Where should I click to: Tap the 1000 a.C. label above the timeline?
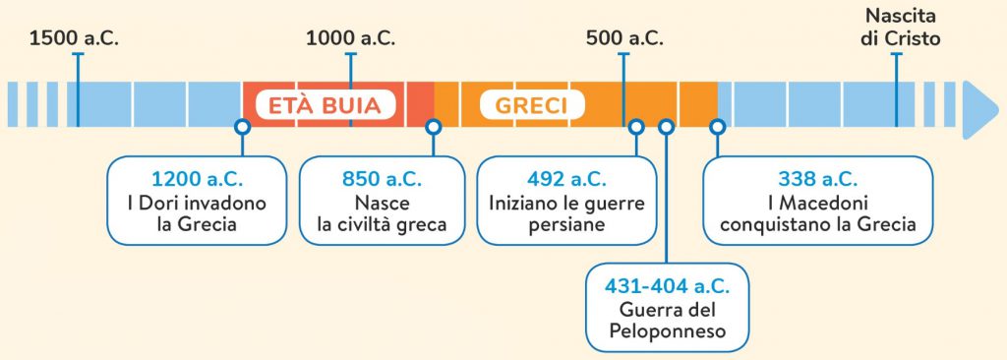(351, 39)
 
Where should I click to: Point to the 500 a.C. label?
(624, 39)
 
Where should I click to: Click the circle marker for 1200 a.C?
(242, 127)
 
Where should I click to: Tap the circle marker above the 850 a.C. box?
(433, 127)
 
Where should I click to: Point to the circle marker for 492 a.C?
(636, 127)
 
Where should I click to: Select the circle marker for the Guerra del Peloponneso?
(666, 127)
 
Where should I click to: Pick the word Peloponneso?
(666, 331)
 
